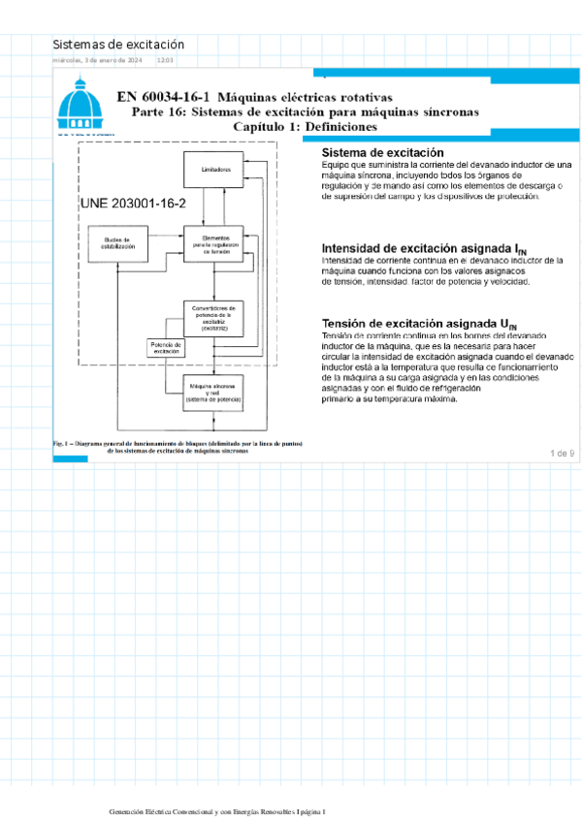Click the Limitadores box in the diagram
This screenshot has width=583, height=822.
(216, 170)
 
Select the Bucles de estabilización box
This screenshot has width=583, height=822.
(116, 244)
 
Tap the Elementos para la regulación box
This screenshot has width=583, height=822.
(216, 242)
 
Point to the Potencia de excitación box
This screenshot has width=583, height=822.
(167, 347)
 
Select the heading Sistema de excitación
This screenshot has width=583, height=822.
(382, 153)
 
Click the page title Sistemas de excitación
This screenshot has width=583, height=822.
(117, 45)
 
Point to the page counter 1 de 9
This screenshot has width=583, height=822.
(562, 453)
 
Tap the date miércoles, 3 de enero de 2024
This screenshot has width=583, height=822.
(98, 61)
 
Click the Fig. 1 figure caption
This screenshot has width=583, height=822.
(180, 447)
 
